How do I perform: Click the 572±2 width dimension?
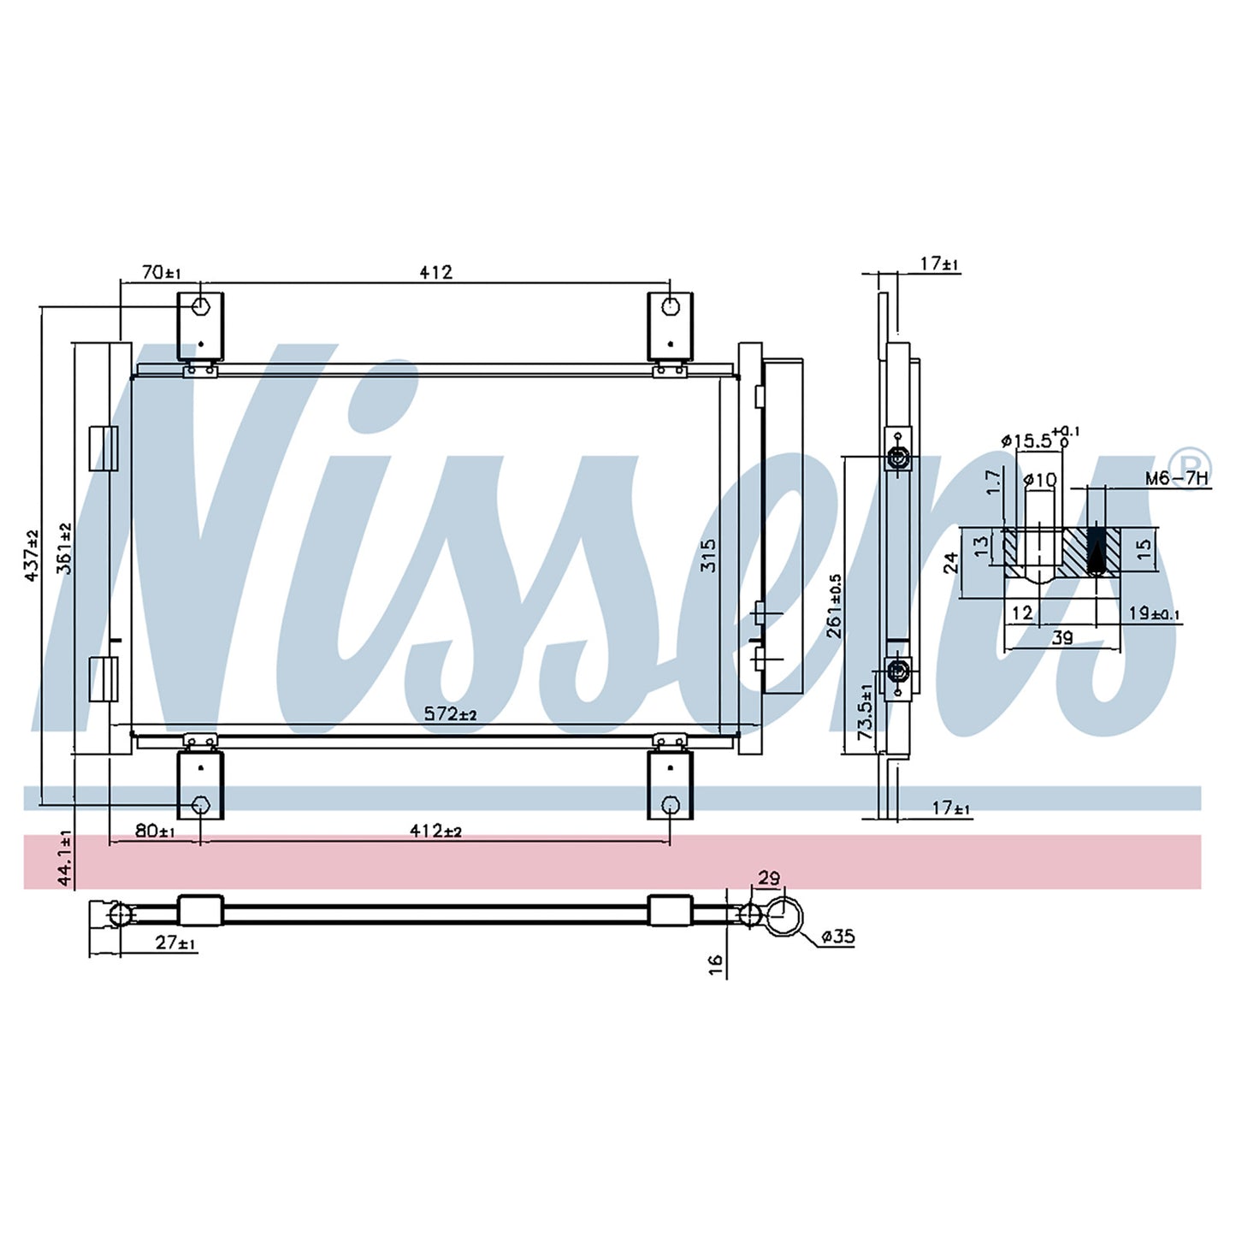pos(450,713)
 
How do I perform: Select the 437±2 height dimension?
pos(31,555)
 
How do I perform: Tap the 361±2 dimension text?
pos(65,547)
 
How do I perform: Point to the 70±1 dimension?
pos(161,273)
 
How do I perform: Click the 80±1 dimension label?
pos(155,831)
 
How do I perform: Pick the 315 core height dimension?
pos(708,555)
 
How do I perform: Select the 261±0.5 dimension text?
pos(834,606)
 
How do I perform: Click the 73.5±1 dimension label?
pos(866,712)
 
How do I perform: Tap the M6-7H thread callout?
pos(1176,478)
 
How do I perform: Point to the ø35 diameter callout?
pos(837,937)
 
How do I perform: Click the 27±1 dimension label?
pos(174,943)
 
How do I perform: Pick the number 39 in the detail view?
pos(1063,637)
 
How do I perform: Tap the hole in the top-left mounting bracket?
pos(201,306)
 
